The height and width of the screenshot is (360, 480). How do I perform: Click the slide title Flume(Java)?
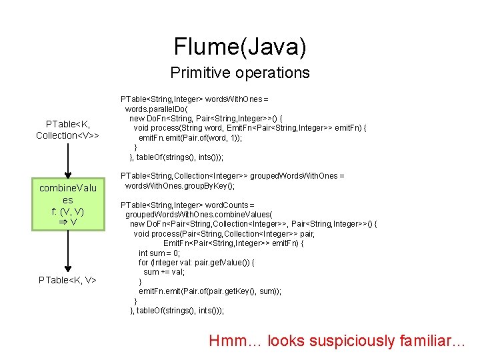240,46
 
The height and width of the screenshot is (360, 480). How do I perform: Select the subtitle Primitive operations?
240,73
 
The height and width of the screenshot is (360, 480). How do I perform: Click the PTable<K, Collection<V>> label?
68,129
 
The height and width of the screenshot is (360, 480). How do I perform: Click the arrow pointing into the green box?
68,160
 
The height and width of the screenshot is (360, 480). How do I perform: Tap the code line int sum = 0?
159,253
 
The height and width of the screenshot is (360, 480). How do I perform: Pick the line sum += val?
164,272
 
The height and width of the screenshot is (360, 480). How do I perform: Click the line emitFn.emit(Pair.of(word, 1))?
190,137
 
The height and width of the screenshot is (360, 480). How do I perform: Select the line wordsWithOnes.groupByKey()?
179,185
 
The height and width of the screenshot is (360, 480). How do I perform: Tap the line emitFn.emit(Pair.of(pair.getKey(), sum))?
209,291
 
